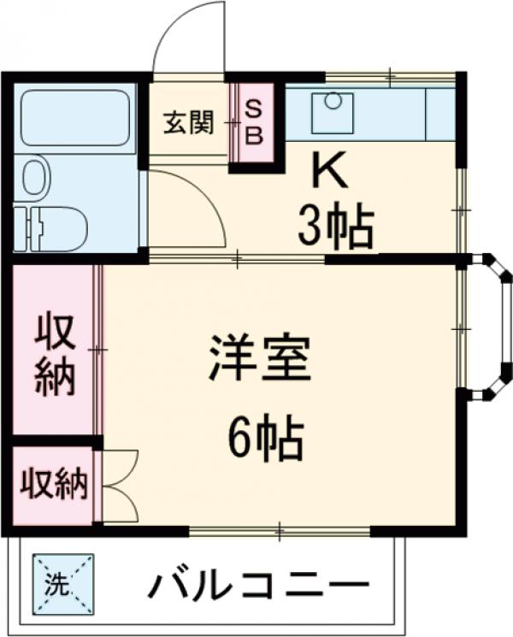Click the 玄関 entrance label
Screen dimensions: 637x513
[x=188, y=123]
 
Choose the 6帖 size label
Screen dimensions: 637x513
[x=266, y=439]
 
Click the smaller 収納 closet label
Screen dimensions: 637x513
[x=54, y=485]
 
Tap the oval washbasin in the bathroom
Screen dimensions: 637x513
[x=35, y=178]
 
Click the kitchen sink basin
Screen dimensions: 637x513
[x=332, y=112]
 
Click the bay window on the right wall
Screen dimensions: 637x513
[x=492, y=327]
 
